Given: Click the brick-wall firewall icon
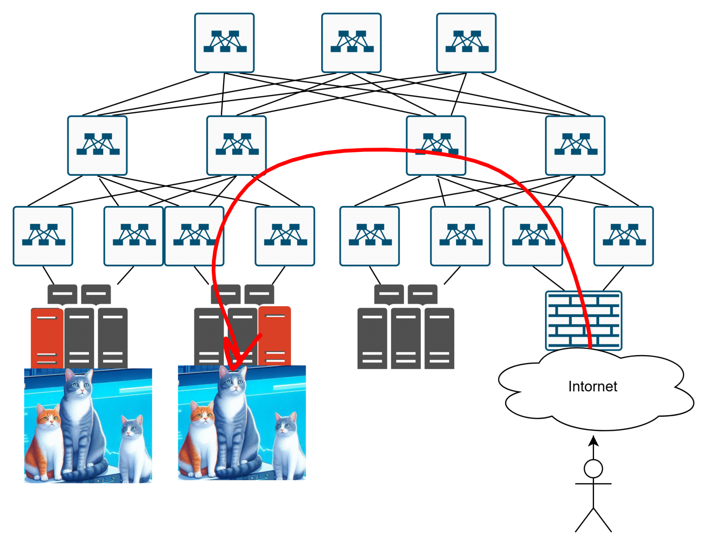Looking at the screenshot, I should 583,320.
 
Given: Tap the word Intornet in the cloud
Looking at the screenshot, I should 592,387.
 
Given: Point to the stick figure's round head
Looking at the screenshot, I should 593,469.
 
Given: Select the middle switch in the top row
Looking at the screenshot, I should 352,43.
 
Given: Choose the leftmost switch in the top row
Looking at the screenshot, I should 225,43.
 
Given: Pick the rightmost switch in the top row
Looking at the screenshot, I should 466,43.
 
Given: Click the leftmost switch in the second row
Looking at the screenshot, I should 98,146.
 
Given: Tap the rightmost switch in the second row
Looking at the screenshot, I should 575,146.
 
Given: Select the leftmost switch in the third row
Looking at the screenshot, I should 43,236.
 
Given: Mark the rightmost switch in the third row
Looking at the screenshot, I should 623,236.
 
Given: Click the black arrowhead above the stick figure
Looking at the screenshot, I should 594,441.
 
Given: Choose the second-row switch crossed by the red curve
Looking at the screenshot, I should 436,146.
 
